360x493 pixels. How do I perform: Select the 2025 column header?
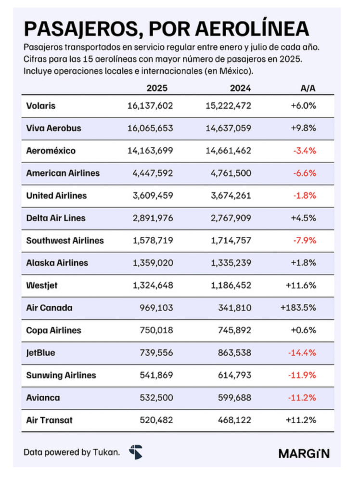tap(157, 89)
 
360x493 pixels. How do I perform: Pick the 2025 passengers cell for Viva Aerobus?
tap(150, 129)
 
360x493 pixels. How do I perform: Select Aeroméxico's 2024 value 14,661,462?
tap(228, 151)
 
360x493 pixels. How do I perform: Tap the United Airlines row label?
tap(56, 195)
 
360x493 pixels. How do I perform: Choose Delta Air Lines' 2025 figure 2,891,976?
tap(152, 218)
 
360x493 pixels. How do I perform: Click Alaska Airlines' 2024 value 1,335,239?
tap(230, 263)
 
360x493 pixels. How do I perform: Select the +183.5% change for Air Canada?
tap(298, 308)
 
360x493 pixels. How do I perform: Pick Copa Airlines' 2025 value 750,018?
tap(157, 330)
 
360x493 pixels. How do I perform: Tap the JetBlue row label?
tap(41, 352)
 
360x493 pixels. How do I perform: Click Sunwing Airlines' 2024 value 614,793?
tap(235, 375)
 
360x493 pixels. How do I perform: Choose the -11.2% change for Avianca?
tap(302, 398)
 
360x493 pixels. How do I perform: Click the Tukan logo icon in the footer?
tap(136, 452)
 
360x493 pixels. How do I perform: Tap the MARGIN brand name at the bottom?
tap(304, 453)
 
